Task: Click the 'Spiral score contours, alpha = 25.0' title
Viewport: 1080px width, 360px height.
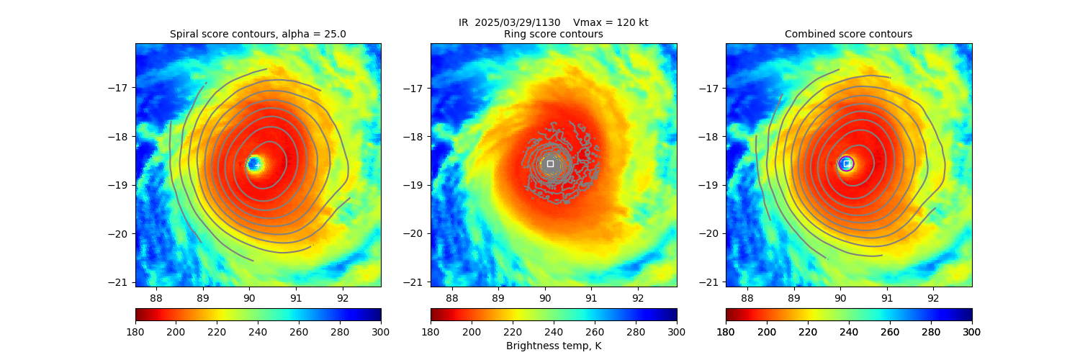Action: tap(258, 34)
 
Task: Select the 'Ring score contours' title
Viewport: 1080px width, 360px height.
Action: tap(553, 34)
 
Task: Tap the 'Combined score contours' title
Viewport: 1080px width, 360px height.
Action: tap(848, 34)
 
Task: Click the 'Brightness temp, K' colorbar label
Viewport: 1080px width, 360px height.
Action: tap(553, 346)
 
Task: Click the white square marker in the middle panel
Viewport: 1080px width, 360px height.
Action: tap(550, 163)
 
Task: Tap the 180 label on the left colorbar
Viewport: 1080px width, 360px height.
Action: tap(135, 331)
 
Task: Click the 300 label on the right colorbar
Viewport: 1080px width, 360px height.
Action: tap(971, 331)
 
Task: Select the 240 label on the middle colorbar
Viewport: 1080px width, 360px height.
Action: tap(554, 331)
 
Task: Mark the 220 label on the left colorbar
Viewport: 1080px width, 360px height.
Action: tap(217, 331)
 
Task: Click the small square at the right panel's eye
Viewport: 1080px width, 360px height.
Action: tap(846, 163)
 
